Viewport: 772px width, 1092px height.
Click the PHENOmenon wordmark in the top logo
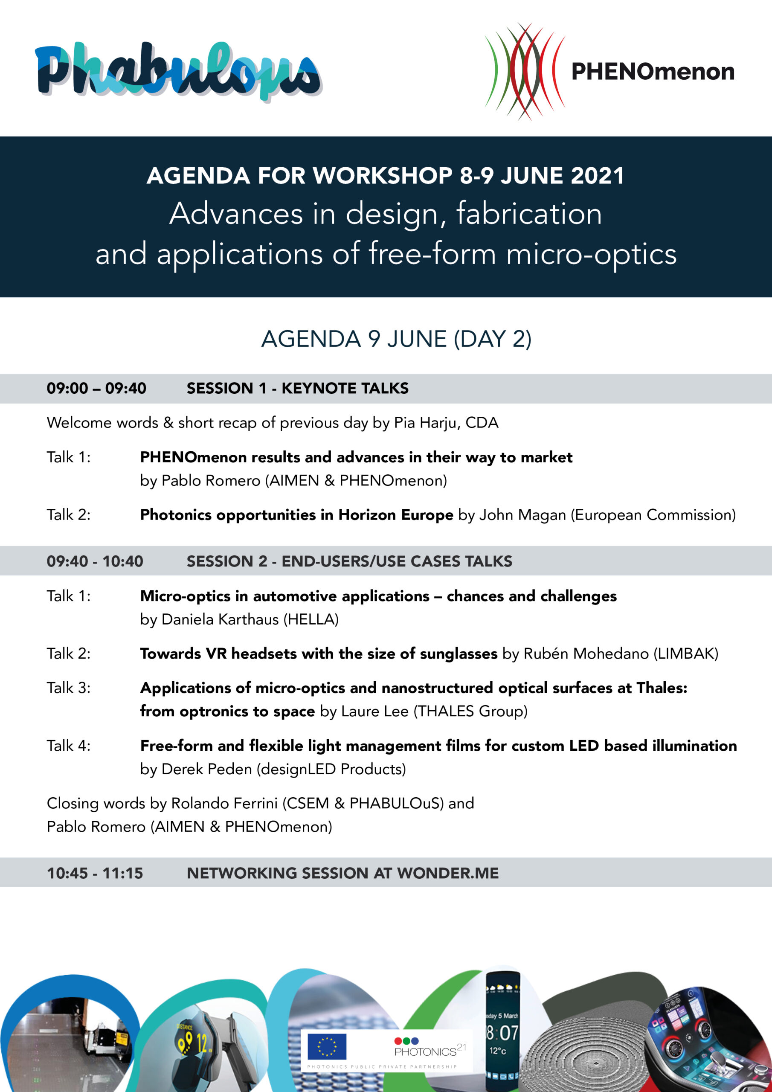point(653,72)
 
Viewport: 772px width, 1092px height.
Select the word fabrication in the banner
point(529,214)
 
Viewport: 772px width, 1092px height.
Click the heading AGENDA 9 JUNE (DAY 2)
point(396,339)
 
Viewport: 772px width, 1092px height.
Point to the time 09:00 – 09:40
point(96,389)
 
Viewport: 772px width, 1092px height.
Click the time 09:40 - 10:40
point(95,561)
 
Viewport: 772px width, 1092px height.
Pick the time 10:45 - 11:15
point(95,873)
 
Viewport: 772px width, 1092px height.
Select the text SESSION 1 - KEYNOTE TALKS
point(297,389)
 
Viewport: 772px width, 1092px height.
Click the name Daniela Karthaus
point(220,619)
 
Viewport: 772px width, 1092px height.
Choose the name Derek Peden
point(207,769)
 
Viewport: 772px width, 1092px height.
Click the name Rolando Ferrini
point(224,803)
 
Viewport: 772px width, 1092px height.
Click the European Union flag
point(327,1046)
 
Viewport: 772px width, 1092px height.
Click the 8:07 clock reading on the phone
point(502,1032)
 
